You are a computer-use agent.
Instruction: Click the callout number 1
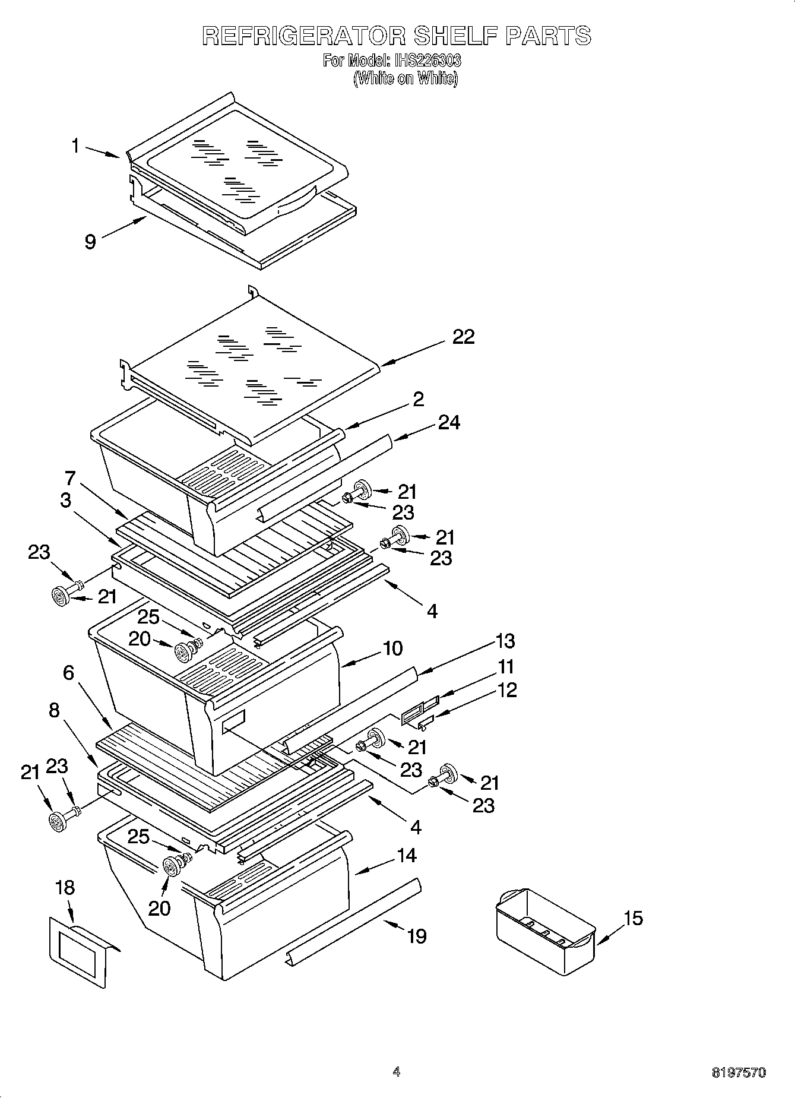75,145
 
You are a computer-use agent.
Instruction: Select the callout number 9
90,242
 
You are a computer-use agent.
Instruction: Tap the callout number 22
463,337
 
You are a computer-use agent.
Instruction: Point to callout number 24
448,422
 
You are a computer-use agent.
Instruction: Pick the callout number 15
633,918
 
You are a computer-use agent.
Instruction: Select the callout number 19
417,936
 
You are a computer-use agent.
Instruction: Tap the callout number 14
407,856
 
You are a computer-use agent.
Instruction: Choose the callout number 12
506,690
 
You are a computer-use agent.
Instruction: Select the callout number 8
54,710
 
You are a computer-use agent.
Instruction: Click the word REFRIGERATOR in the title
303,36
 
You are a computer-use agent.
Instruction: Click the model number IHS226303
425,61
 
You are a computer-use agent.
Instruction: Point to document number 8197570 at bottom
739,1072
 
